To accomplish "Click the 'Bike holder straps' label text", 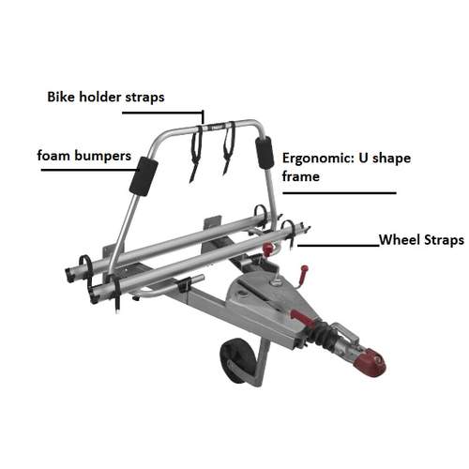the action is [106, 97].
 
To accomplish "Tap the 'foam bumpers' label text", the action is [84, 156].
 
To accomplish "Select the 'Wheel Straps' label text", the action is [421, 240].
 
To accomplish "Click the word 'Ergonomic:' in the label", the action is [318, 159].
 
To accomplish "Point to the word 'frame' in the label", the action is [301, 176].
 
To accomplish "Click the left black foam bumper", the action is [144, 176].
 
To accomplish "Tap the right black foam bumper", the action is [265, 152].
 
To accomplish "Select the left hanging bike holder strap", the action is [196, 153].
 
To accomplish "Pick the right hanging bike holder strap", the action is [229, 147].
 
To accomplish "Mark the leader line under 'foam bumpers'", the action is [90, 170].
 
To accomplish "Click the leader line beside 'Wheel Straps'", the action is [339, 246].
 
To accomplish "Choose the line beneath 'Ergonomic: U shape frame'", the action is [340, 193].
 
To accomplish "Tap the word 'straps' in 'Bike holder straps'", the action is [144, 98].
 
